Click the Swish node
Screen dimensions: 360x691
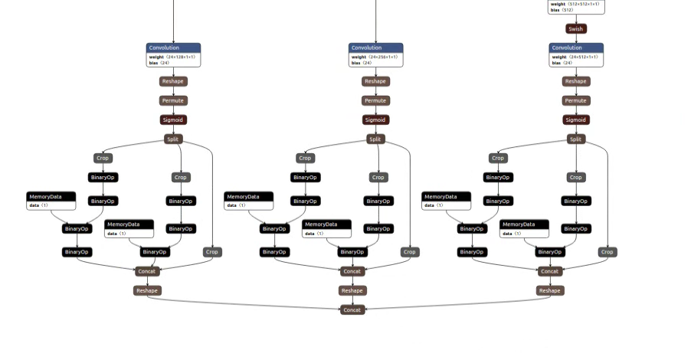pyautogui.click(x=575, y=29)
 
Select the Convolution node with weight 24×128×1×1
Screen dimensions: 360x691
pyautogui.click(x=173, y=47)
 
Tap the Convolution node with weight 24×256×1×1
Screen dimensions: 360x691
pyautogui.click(x=375, y=47)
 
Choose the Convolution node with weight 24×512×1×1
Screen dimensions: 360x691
pyautogui.click(x=576, y=47)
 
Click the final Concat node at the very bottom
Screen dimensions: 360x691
pyautogui.click(x=352, y=310)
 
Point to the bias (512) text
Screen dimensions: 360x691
pyautogui.click(x=562, y=10)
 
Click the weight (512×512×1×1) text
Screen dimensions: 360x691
pyautogui.click(x=575, y=4)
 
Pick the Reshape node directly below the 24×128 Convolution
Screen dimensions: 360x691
pyautogui.click(x=173, y=81)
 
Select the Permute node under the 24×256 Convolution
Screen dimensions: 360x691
pyautogui.click(x=375, y=100)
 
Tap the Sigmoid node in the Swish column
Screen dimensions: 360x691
pyautogui.click(x=575, y=119)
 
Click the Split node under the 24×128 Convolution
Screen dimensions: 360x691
pyautogui.click(x=174, y=139)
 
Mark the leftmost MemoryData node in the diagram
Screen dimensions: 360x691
pyautogui.click(x=51, y=197)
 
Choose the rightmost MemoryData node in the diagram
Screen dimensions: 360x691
pyautogui.click(x=524, y=224)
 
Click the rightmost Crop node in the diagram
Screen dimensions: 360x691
pyautogui.click(x=607, y=252)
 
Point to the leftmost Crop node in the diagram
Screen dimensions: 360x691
pyautogui.click(x=103, y=159)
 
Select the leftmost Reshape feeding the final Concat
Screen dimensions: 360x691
pyautogui.click(x=146, y=290)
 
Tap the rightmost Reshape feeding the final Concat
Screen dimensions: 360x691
pyautogui.click(x=549, y=290)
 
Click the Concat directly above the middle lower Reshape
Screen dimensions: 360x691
pyautogui.click(x=352, y=271)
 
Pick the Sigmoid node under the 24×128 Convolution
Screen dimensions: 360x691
pyautogui.click(x=173, y=119)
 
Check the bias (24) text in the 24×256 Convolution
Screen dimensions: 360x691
pyautogui.click(x=361, y=63)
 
